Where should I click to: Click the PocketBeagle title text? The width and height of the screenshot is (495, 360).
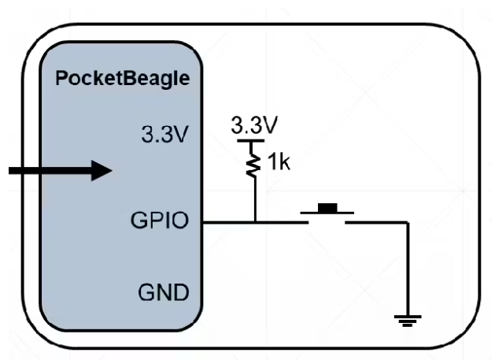tap(123, 80)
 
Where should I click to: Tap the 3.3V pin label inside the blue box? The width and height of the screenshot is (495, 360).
tap(164, 134)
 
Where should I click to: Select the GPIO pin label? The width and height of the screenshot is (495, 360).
tap(160, 221)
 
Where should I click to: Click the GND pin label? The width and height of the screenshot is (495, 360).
tap(164, 294)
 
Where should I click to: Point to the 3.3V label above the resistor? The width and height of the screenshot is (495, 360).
tap(254, 125)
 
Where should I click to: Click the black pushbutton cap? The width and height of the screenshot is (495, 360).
tap(327, 208)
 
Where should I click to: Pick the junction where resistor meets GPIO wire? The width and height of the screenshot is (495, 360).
tap(255, 222)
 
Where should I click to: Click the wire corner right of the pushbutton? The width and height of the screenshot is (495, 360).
tap(407, 222)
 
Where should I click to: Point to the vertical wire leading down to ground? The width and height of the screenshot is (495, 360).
tap(407, 268)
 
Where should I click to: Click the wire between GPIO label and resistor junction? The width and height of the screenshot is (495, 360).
tap(228, 222)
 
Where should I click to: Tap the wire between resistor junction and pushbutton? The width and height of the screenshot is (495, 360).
tap(279, 222)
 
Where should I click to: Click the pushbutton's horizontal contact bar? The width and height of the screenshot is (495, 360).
tap(327, 213)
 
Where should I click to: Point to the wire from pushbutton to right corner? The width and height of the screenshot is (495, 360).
tap(378, 222)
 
